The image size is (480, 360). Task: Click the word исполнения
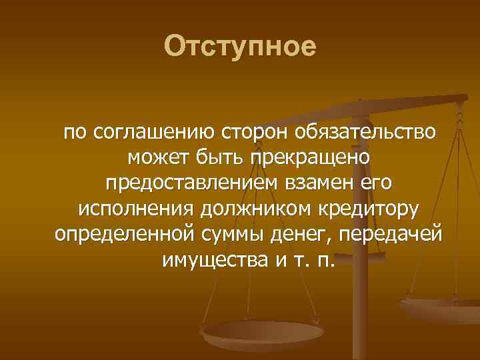point(135,208)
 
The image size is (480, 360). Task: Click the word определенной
point(125,233)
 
